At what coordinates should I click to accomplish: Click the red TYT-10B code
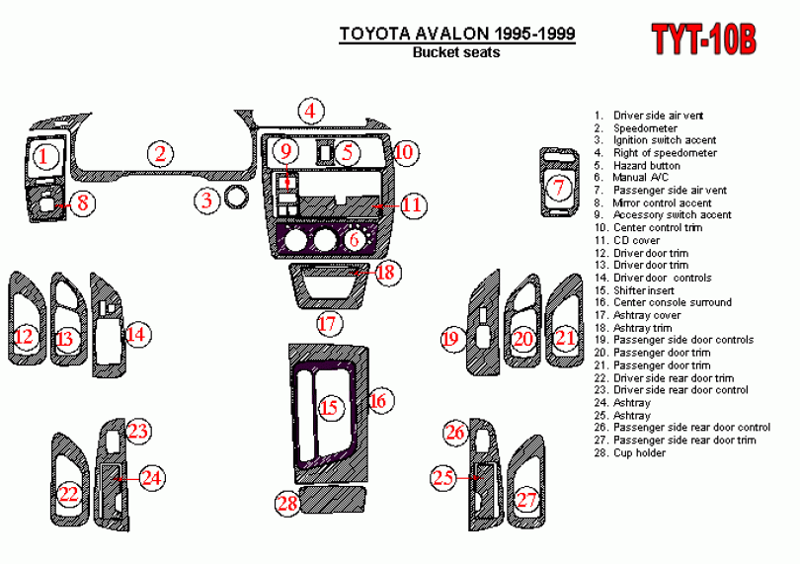[703, 39]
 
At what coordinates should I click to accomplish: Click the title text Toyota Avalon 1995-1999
[457, 34]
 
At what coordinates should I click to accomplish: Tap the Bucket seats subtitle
[456, 52]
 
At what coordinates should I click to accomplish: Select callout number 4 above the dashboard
[311, 111]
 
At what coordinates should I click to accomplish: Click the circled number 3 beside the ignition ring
[206, 200]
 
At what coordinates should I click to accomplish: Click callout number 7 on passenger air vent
[559, 187]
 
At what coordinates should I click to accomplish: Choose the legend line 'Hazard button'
[637, 165]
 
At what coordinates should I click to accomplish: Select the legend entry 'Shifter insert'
[634, 290]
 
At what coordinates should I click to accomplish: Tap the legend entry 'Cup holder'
[630, 452]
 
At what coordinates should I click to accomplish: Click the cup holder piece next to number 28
[333, 500]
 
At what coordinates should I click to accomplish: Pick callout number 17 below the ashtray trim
[328, 324]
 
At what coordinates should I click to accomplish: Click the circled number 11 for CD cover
[412, 205]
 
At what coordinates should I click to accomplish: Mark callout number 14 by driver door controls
[136, 335]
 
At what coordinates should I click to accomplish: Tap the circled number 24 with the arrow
[151, 478]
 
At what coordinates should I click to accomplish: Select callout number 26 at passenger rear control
[455, 433]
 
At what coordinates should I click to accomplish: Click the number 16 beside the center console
[378, 401]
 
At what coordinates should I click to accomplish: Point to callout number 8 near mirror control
[83, 202]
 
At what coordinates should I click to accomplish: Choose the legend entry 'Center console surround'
[663, 302]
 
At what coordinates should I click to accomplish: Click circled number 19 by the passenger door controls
[450, 340]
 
